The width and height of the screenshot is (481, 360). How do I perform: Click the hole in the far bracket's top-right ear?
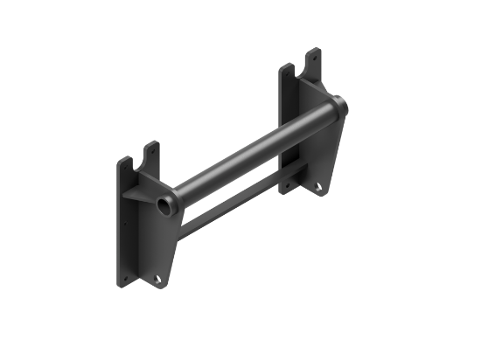tap(314, 56)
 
